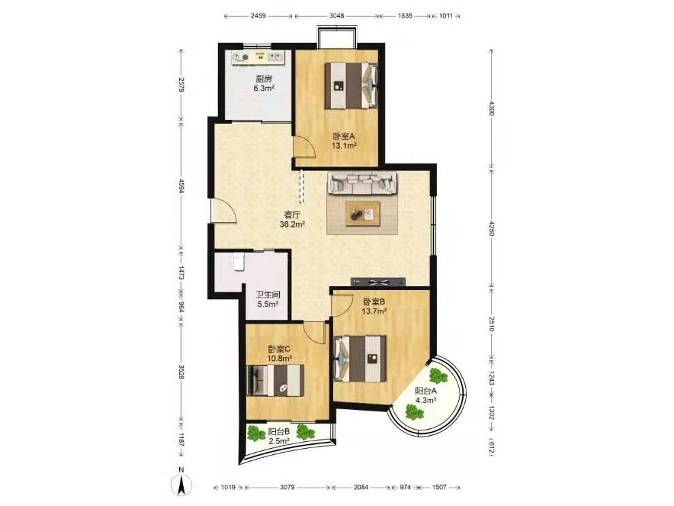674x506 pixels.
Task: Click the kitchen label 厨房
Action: point(263,79)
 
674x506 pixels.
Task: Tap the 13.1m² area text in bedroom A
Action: point(344,146)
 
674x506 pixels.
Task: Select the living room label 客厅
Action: point(292,215)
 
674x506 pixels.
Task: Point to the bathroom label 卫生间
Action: point(268,295)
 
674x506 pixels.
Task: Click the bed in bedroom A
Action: point(351,86)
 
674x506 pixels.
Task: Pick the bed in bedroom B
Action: point(360,358)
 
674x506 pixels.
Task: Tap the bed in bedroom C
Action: point(276,381)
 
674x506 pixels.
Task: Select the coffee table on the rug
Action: point(364,214)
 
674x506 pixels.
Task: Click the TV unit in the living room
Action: point(379,282)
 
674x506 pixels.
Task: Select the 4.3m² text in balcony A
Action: point(426,400)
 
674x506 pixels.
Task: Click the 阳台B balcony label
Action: point(279,432)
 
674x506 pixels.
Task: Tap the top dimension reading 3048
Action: point(336,16)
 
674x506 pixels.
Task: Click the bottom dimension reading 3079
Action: point(287,487)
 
